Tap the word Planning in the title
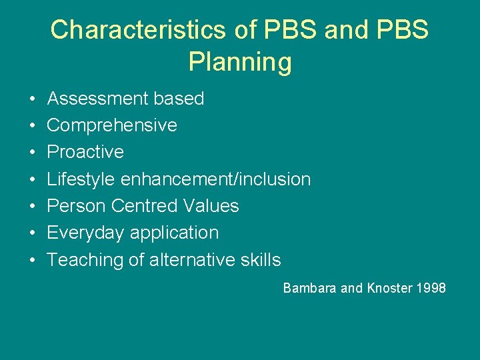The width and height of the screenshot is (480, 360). (x=240, y=62)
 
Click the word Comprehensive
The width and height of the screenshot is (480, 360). (x=112, y=125)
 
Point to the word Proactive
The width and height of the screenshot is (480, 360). (x=85, y=152)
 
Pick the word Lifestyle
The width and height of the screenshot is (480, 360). (x=81, y=179)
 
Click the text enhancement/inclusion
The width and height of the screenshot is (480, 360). (x=215, y=179)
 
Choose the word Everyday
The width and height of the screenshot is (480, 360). (x=86, y=233)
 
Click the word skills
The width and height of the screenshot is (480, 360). (x=261, y=260)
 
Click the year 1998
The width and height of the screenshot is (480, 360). (x=431, y=289)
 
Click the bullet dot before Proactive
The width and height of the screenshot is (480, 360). (x=33, y=153)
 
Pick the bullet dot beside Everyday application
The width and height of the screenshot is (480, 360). (x=33, y=233)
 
